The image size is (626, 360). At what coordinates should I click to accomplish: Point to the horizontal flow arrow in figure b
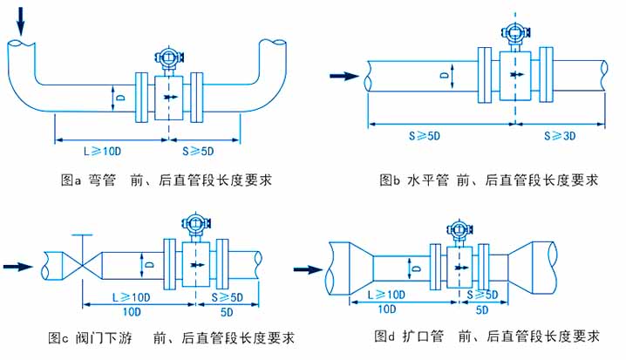tap(344, 77)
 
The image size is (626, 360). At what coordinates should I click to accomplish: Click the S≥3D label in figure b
tap(560, 136)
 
